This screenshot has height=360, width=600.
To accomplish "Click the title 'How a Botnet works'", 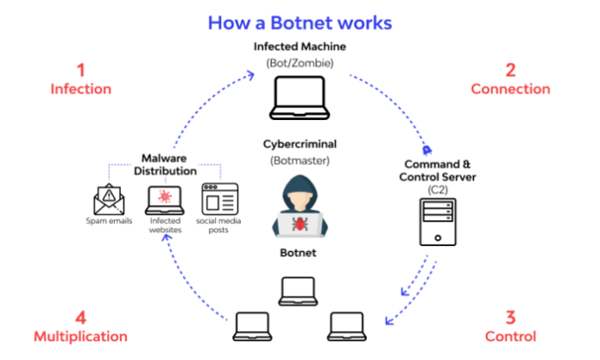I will point(299,22).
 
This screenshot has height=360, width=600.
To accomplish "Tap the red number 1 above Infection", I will point(81,69).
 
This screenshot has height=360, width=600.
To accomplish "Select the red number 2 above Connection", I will point(510,69).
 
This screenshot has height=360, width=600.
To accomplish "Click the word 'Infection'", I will point(81,88).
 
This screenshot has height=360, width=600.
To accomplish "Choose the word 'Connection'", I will point(510,88).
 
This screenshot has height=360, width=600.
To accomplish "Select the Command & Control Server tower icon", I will point(435,222).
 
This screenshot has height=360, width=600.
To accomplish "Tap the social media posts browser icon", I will point(216,198).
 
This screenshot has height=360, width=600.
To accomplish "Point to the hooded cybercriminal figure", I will point(300,206).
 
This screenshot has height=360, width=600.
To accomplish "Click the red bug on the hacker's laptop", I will point(300,224).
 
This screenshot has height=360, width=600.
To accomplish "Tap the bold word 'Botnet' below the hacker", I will point(299,254).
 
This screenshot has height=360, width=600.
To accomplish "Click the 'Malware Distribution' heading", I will point(163,164).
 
